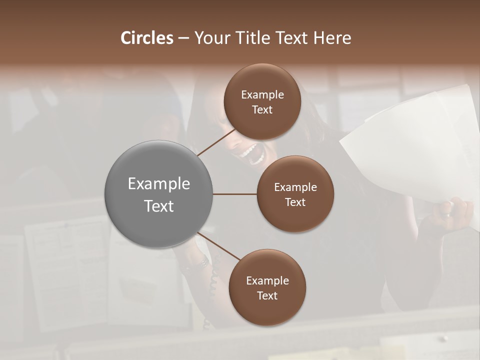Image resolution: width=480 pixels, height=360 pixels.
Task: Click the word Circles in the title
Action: pos(147,38)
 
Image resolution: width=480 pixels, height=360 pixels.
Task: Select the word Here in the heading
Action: pos(332,38)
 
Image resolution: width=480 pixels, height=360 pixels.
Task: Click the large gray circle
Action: pos(158,194)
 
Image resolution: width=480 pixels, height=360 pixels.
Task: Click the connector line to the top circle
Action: pos(216,142)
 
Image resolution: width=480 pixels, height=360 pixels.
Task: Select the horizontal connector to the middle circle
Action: pos(234,194)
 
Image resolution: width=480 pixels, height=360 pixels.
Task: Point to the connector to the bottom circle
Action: pos(218,247)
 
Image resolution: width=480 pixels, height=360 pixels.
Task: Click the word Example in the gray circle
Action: pos(158,183)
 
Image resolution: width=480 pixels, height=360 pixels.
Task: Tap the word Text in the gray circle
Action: pos(158,205)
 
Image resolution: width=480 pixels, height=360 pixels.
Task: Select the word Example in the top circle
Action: pos(262,94)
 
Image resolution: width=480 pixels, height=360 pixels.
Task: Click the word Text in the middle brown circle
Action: pos(295,202)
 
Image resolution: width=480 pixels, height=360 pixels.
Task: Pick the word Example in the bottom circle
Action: pos(267,280)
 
